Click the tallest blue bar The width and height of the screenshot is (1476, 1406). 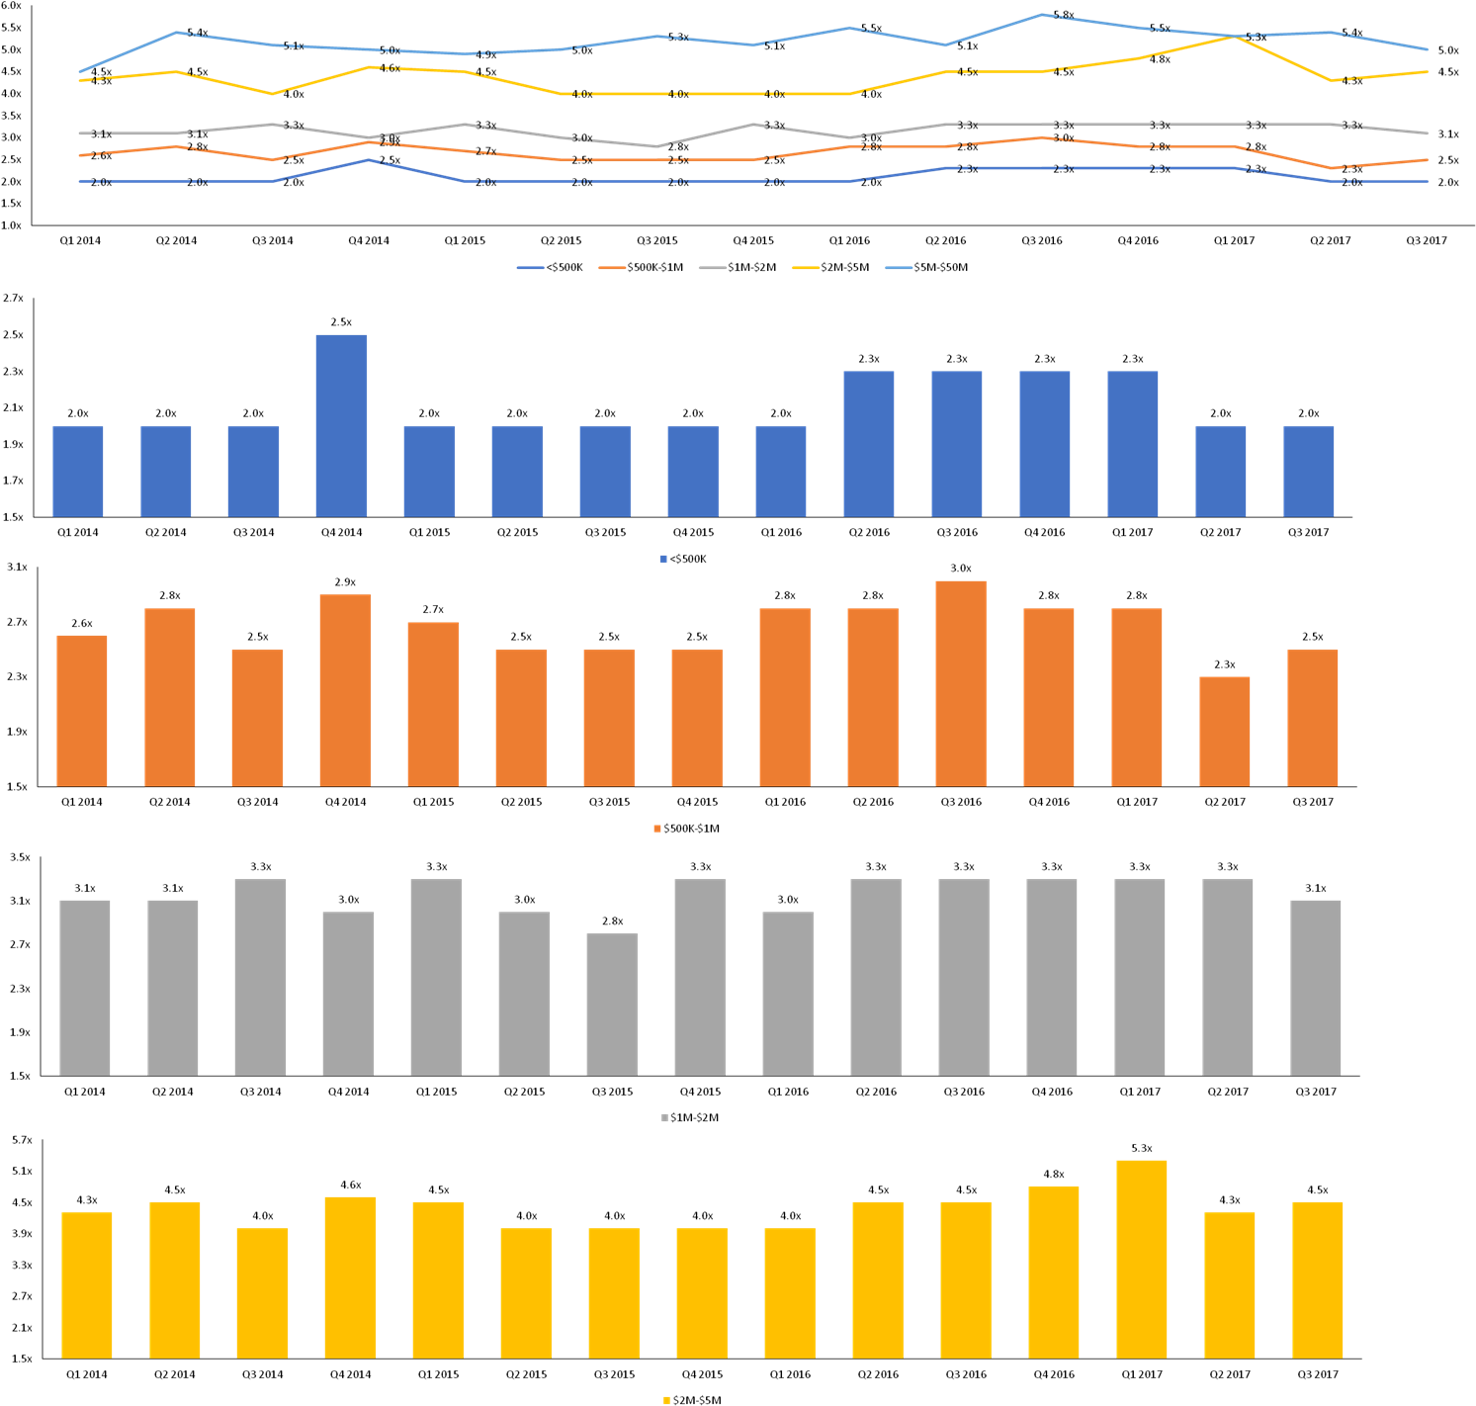[x=341, y=425]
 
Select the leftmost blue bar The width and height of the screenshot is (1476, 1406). [x=78, y=471]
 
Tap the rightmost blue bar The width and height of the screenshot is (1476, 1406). [x=1308, y=471]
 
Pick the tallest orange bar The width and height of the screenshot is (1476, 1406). [x=960, y=683]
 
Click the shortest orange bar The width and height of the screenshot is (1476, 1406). [x=1224, y=731]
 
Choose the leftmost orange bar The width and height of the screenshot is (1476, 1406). [x=82, y=710]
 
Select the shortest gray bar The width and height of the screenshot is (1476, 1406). [x=612, y=1003]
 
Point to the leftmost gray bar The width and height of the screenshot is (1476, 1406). [x=85, y=987]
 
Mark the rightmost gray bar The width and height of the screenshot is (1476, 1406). [x=1315, y=987]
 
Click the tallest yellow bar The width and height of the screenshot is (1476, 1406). [x=1141, y=1259]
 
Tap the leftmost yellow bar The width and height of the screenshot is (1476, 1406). [x=87, y=1284]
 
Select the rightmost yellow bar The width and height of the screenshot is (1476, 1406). [x=1317, y=1279]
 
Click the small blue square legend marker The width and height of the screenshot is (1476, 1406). [x=663, y=560]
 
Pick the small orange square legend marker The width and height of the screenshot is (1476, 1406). [x=657, y=829]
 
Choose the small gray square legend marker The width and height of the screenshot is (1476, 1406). [x=664, y=1117]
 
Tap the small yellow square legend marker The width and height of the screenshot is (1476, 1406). [x=666, y=1400]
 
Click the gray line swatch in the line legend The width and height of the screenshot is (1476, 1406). [x=712, y=268]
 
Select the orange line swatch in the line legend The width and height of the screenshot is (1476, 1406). [x=612, y=268]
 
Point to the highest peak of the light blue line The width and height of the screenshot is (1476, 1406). [x=1043, y=15]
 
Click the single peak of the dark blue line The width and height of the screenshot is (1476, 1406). [x=369, y=160]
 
